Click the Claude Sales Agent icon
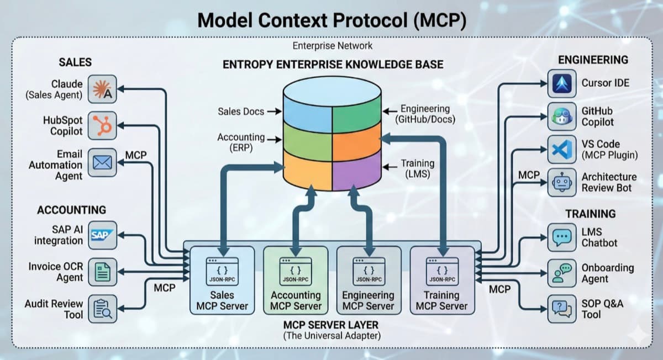click(x=102, y=89)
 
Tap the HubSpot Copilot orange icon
click(x=102, y=125)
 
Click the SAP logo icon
click(x=102, y=235)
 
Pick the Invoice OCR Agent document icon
click(x=102, y=272)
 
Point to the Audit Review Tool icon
click(x=102, y=308)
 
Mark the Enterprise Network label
click(x=332, y=46)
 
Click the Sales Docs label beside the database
click(x=241, y=111)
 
